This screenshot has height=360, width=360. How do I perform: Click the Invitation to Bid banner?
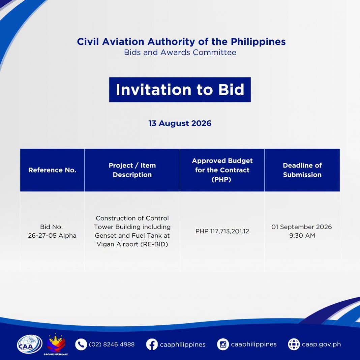tap(180, 90)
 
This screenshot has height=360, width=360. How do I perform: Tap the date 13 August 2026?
tap(180, 123)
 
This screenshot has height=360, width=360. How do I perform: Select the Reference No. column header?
tap(52, 170)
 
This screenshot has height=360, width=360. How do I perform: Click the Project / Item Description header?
tap(132, 170)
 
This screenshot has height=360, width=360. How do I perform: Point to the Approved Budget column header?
tap(222, 170)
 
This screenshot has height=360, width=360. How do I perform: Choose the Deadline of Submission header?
tap(302, 170)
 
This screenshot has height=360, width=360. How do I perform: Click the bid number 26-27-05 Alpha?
tap(52, 236)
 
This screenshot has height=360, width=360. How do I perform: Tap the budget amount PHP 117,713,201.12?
tap(222, 231)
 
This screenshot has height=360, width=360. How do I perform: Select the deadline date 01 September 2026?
tap(302, 227)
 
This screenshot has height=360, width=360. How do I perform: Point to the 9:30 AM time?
tap(302, 236)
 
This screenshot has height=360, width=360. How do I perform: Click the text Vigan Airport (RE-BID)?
tap(132, 244)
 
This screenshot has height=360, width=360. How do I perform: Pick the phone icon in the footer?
tap(81, 344)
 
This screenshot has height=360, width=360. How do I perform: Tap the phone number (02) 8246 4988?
tap(112, 344)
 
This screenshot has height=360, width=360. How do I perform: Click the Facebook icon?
tap(152, 344)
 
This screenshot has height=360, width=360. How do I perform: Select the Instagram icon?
tap(223, 344)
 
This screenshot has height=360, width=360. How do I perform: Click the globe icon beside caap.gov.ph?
tap(294, 344)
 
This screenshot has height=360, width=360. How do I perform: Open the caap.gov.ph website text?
tap(322, 344)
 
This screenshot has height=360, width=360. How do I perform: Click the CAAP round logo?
tap(30, 344)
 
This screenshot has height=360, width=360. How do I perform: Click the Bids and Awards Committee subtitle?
tap(180, 52)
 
